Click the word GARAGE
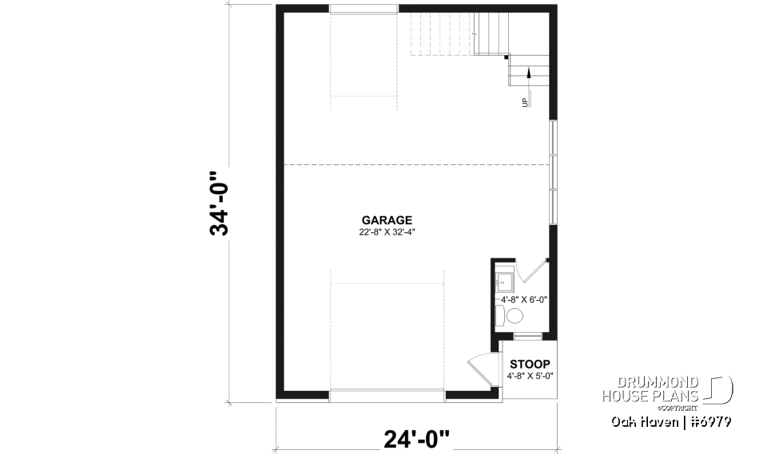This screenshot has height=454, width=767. coord(387,220)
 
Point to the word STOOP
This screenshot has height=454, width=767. coord(530,364)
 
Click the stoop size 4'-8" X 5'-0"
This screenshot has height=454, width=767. coord(530,376)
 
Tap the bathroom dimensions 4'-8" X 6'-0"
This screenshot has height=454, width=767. coord(524,299)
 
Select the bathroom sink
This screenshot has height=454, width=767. coord(504,282)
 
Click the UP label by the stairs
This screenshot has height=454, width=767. coord(525,101)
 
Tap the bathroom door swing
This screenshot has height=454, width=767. coord(529,270)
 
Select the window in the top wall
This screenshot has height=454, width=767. coord(364,9)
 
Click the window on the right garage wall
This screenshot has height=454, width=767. coord(553,172)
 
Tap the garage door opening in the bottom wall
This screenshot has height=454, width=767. coord(387,394)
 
